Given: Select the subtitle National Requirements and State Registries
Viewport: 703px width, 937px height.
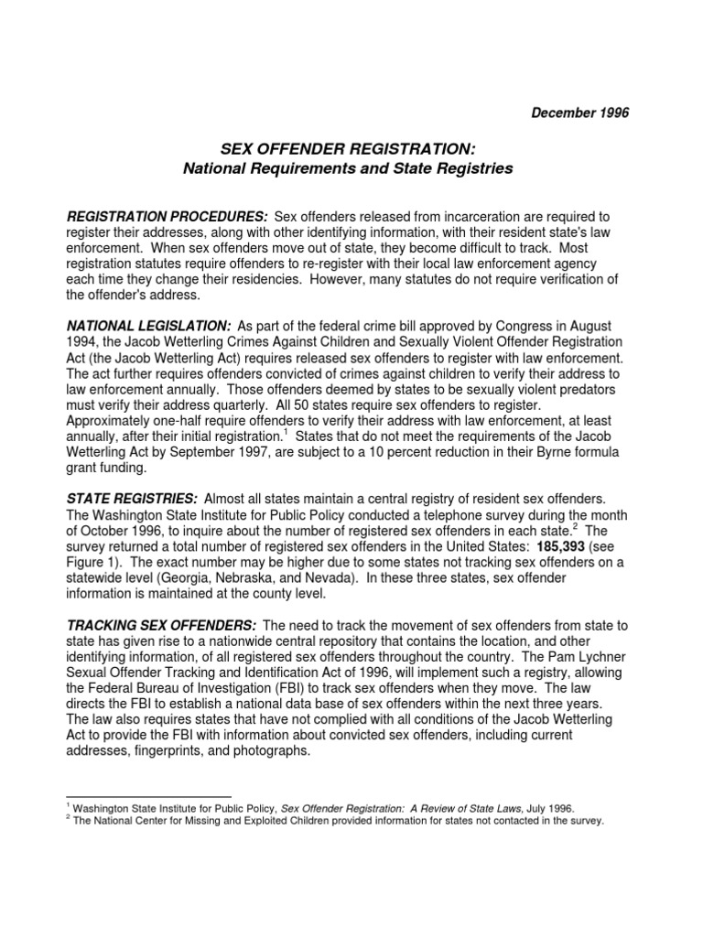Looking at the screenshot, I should [348, 168].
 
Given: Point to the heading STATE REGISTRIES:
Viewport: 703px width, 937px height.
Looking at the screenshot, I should [133, 498].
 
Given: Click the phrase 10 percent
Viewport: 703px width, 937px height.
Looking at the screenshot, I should [392, 452].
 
